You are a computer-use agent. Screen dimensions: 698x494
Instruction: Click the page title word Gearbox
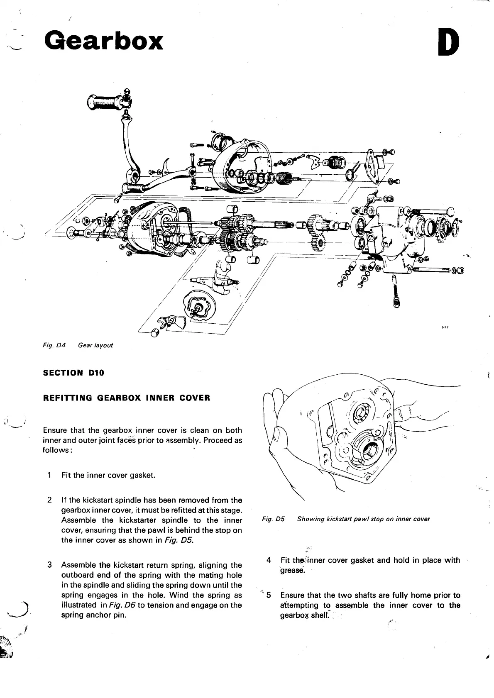[x=104, y=41]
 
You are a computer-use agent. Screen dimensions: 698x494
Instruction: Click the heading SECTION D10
[x=73, y=373]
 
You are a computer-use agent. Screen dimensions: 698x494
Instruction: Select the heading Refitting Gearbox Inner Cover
[x=127, y=398]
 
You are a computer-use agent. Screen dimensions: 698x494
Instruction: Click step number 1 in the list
[x=49, y=475]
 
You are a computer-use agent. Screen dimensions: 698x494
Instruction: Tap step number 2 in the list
[x=49, y=500]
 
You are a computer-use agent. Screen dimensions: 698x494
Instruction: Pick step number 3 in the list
[x=49, y=565]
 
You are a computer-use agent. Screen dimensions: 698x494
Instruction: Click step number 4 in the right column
[x=269, y=560]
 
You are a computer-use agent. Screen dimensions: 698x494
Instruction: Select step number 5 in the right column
[x=269, y=595]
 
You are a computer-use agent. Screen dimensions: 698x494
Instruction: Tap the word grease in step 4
[x=293, y=570]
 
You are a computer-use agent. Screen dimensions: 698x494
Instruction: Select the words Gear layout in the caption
[x=95, y=345]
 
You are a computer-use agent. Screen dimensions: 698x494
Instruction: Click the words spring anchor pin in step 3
[x=93, y=615]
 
